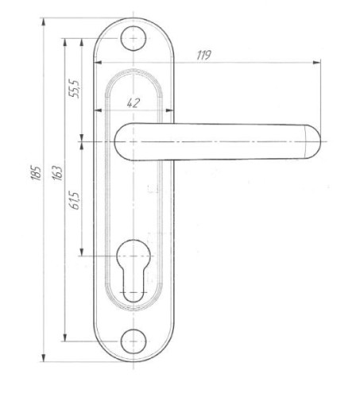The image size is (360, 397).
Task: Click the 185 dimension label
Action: coord(36,173)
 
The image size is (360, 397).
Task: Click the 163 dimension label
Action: coord(57,173)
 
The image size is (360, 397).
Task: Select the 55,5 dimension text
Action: coord(74,89)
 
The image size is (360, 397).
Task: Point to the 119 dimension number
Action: coord(203,55)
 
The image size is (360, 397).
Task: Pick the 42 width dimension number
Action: coord(133,103)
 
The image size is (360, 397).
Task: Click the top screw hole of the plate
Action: coord(134,38)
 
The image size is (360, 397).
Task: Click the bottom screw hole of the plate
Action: coord(134,341)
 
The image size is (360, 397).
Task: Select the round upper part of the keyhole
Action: coord(134,255)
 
